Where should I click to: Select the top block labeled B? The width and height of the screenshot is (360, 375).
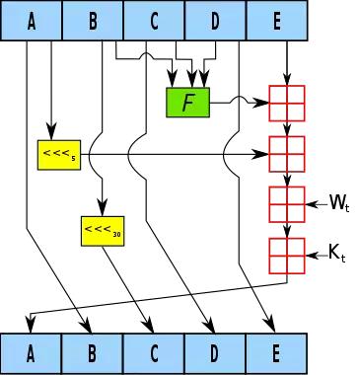94,21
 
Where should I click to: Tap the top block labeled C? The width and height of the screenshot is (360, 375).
155,21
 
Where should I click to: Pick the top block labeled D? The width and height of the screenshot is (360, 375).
215,21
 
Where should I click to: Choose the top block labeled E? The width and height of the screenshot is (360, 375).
276,21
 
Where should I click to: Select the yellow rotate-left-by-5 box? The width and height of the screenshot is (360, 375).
56,155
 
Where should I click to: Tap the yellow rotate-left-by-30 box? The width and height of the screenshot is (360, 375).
99,231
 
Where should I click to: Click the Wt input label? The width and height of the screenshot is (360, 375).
338,204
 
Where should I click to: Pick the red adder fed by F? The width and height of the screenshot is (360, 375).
287,102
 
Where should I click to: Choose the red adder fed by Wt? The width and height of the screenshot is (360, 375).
287,204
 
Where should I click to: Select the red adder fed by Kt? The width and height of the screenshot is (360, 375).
287,256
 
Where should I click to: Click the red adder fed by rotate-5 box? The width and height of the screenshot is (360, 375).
287,154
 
